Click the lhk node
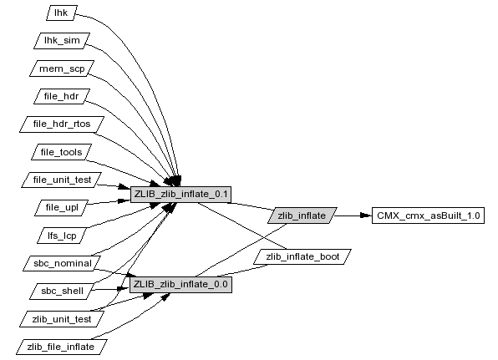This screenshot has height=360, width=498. (x=62, y=13)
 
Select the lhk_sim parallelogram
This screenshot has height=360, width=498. (x=62, y=41)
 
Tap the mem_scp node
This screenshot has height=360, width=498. (x=62, y=68)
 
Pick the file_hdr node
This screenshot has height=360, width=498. (x=62, y=96)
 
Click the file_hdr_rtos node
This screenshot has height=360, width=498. (x=62, y=124)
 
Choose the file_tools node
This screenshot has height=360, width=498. (x=62, y=152)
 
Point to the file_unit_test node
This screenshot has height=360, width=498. (x=62, y=180)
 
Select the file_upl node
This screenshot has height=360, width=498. (x=62, y=208)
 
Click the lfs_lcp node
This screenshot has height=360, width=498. (x=62, y=236)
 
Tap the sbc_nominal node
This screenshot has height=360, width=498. (x=62, y=263)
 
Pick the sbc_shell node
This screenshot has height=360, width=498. (x=62, y=292)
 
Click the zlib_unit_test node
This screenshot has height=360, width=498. (x=62, y=319)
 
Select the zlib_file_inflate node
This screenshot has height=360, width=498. (x=62, y=347)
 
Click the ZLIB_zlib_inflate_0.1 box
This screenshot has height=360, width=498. (x=180, y=195)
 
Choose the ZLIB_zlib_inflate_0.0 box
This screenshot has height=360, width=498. (x=180, y=285)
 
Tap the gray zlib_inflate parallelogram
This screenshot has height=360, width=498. (x=302, y=215)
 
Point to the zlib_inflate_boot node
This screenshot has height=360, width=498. (x=302, y=256)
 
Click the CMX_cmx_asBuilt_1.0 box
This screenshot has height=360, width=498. (x=428, y=215)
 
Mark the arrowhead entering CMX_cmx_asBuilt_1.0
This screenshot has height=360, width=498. (x=366, y=215)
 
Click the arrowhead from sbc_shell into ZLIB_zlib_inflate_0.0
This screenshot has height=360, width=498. (x=123, y=289)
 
